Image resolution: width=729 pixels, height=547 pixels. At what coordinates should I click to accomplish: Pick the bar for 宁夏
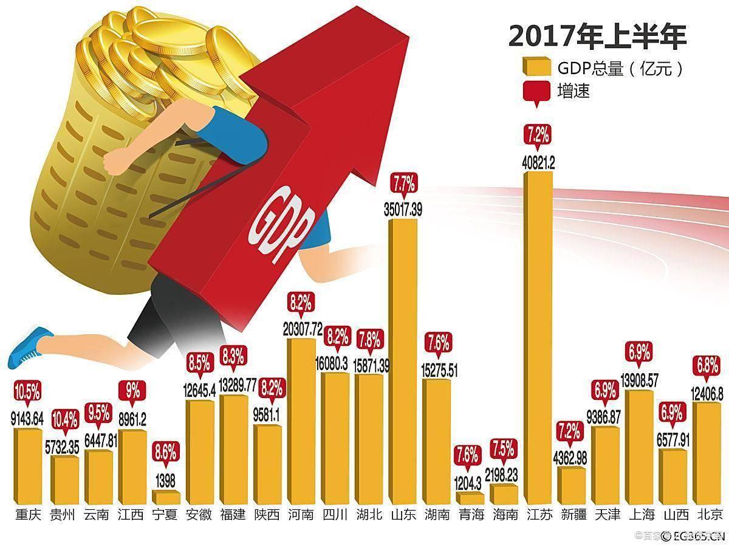coord(165,497)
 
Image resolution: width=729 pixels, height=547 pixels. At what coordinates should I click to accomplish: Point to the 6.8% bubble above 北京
coord(707,366)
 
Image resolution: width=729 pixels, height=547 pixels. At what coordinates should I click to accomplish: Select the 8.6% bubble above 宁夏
coord(165,452)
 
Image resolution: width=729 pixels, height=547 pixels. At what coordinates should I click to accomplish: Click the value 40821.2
coord(538,163)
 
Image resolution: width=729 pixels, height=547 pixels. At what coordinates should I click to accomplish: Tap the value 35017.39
coord(403,210)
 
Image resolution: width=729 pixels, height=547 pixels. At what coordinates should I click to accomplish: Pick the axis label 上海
coord(639,515)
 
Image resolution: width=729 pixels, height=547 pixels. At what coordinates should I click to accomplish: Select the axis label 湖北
coord(369,515)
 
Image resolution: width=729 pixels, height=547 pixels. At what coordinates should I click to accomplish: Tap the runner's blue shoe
coord(30,346)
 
